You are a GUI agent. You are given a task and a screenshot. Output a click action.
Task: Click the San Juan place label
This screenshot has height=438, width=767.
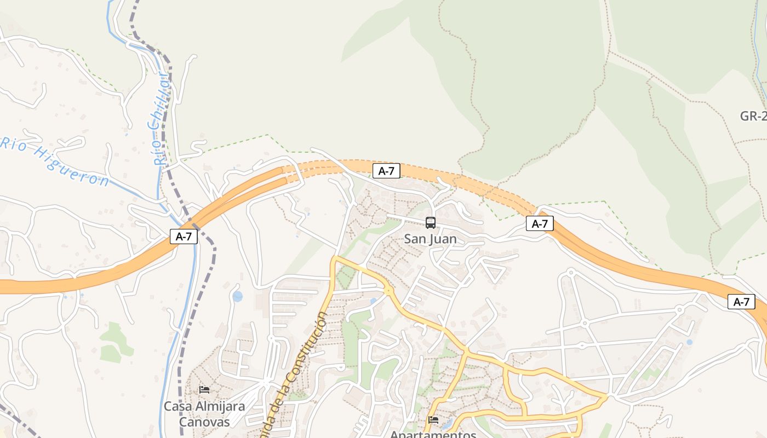[430, 239]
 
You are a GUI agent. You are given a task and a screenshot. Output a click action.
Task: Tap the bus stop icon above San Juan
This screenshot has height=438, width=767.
[431, 223]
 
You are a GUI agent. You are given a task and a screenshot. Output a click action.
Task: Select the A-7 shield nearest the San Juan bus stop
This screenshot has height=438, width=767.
[386, 171]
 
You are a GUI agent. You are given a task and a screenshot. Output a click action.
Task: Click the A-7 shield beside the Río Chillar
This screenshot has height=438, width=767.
[184, 237]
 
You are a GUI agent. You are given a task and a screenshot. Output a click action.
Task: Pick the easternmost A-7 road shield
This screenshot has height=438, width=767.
[741, 302]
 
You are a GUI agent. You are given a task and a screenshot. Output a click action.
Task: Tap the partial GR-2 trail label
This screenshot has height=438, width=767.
[753, 116]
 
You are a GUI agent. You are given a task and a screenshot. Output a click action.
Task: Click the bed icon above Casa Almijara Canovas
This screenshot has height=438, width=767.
[204, 390]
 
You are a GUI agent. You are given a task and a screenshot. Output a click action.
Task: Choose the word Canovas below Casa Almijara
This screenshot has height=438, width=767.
[204, 422]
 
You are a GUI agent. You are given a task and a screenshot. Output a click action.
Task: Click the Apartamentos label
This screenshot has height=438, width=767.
[433, 434]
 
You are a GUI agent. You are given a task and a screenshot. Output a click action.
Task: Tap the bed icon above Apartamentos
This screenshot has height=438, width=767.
[433, 420]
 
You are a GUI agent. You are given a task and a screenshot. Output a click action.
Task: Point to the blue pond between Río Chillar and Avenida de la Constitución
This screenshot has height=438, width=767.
[237, 296]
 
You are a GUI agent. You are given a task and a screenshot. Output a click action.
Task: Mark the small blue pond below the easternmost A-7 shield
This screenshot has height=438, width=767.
[689, 342]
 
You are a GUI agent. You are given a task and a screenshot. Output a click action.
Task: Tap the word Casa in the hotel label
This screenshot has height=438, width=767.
[175, 407]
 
